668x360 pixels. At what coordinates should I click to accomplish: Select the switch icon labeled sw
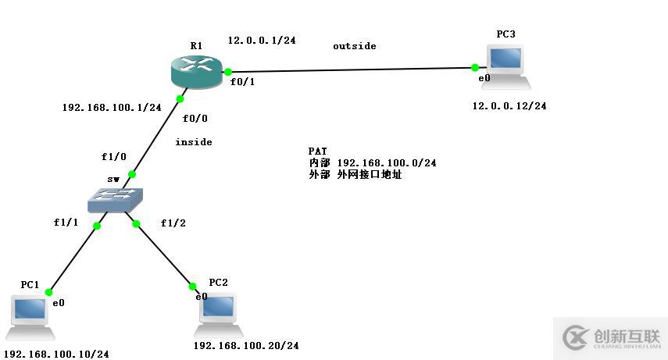coord(115,200)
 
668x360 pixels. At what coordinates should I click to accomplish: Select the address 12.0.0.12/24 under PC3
coord(509,106)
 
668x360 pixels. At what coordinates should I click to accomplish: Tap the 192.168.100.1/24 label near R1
coord(112,108)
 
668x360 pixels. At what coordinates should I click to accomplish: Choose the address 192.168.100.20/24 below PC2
coord(246,345)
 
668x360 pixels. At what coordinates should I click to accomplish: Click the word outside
coord(354,46)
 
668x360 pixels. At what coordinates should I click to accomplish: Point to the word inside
coord(193,142)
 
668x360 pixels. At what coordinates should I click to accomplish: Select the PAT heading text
coord(317,151)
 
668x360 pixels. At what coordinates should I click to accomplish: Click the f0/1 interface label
coord(242,82)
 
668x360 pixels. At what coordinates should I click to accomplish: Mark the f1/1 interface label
coord(66,223)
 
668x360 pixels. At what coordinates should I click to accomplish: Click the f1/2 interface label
coord(173,223)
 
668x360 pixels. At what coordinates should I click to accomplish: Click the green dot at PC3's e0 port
coord(475,68)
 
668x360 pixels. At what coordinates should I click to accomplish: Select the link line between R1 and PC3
coord(352,70)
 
